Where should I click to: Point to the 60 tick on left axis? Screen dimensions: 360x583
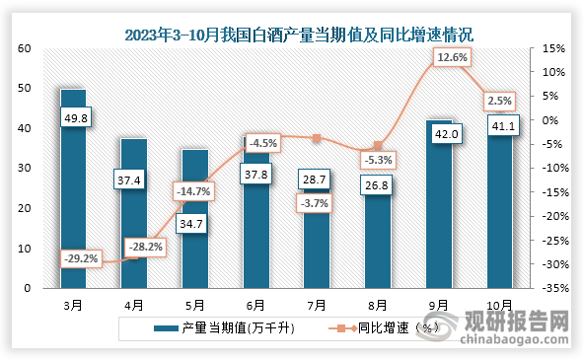click(24, 48)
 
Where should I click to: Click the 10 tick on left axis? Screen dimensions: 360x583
click(24, 249)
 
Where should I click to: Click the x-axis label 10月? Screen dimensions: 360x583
click(500, 305)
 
